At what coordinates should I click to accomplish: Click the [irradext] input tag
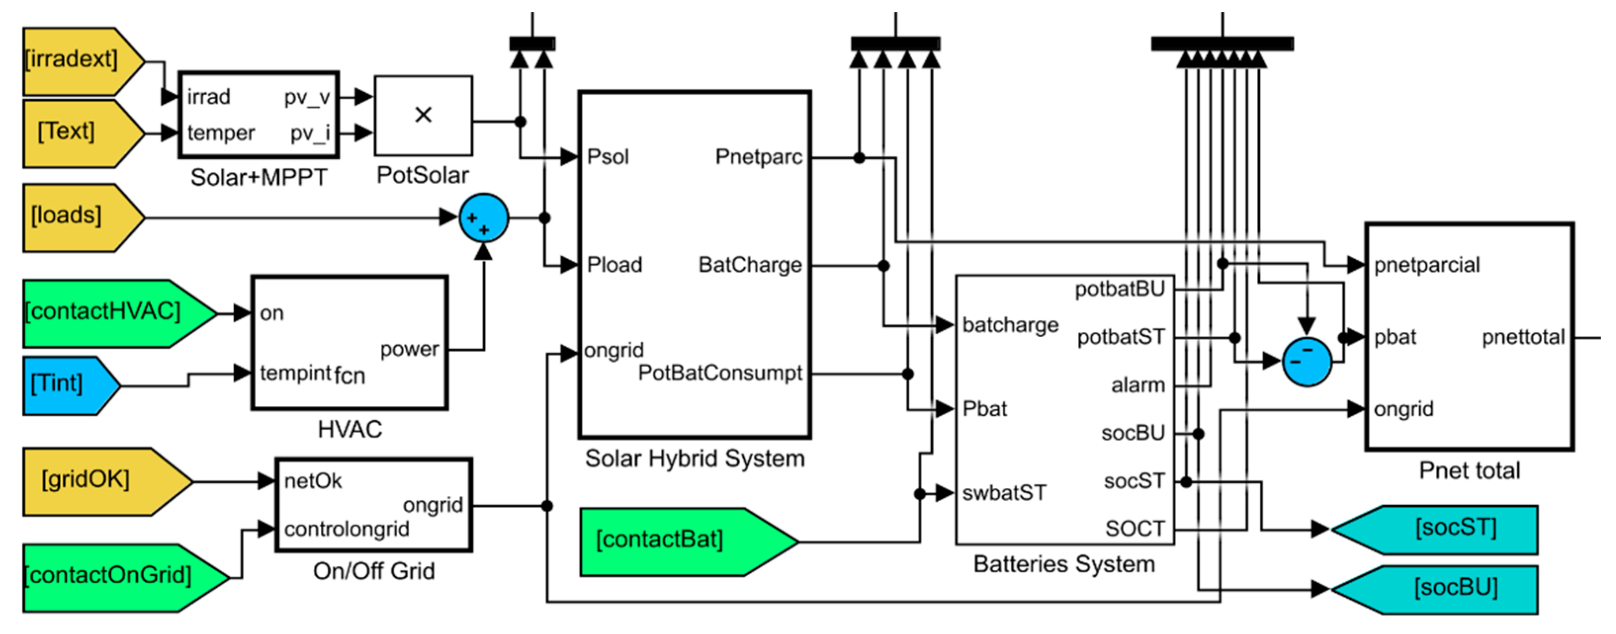coord(84,61)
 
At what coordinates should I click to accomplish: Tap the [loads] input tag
coord(84,218)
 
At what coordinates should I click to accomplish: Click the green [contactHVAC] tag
coord(120,314)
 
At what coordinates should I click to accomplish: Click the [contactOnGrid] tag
coord(126,578)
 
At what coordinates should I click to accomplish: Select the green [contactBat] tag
coord(689,542)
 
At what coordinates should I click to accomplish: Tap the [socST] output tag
coord(1434,529)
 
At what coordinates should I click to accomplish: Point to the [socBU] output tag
coord(1434,590)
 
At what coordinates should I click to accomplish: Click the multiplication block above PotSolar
coord(424,116)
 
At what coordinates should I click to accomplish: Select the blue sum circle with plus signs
coord(484,218)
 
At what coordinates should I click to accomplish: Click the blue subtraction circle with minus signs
coord(1307,362)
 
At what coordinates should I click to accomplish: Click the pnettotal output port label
coord(1523,337)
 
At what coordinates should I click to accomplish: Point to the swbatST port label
coord(1004,493)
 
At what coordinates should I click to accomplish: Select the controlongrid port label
coord(346,529)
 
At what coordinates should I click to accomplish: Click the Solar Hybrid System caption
coord(694,458)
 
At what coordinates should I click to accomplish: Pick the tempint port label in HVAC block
coord(295,374)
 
